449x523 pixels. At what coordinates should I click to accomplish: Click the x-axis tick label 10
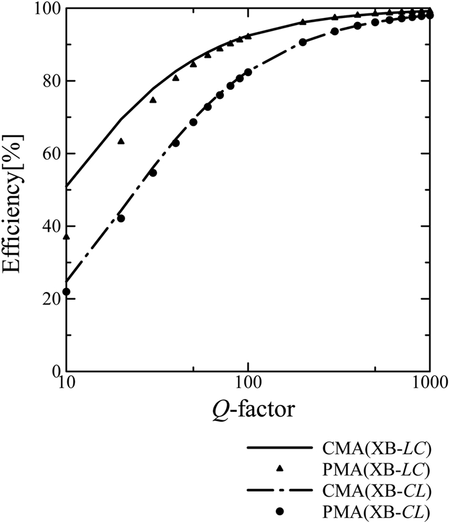tap(66, 384)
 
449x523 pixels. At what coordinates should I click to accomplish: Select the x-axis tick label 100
tap(248, 384)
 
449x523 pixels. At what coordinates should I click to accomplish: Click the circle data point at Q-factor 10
tap(66, 292)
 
